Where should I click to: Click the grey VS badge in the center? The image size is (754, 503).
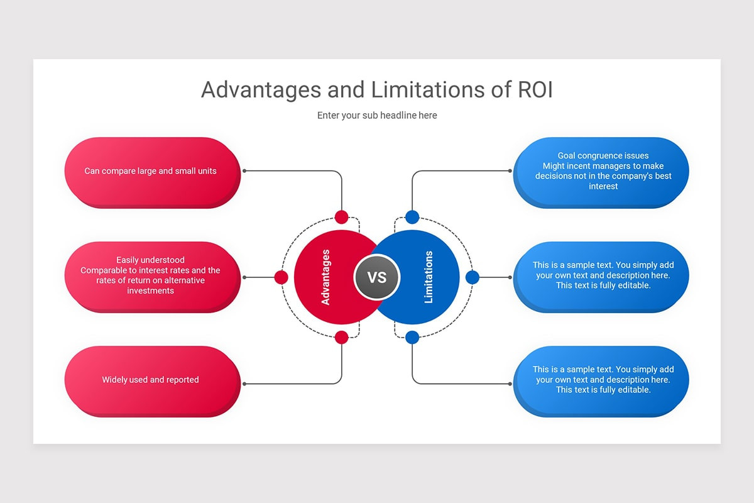click(377, 277)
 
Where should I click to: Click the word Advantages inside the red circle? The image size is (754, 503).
click(325, 277)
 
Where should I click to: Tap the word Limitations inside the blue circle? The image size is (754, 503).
click(429, 277)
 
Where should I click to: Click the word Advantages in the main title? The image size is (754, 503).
click(262, 90)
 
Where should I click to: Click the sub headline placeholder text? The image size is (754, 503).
click(377, 115)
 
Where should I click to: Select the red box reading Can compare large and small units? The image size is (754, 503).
click(151, 171)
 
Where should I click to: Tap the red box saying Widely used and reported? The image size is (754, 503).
click(151, 380)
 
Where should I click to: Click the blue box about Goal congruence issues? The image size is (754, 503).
click(602, 171)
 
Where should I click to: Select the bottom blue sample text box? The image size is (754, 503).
click(602, 380)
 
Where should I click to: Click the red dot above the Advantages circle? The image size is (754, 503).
click(341, 217)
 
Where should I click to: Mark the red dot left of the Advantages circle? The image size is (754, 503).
click(281, 277)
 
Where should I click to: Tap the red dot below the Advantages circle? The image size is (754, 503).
click(341, 337)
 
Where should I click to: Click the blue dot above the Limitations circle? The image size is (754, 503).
click(412, 217)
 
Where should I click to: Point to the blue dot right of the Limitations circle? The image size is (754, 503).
click(473, 277)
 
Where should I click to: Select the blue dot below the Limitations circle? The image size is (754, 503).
click(412, 337)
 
